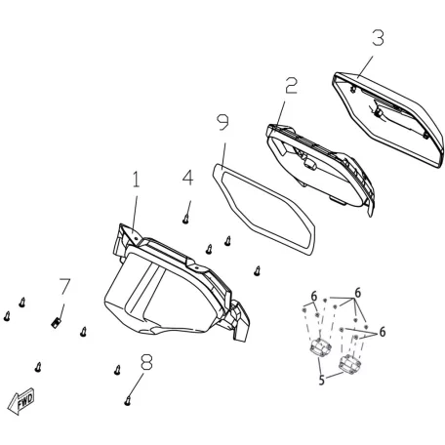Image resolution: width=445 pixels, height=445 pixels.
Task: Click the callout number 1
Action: click(x=136, y=180)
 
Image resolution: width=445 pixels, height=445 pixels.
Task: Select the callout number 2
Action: click(x=291, y=86)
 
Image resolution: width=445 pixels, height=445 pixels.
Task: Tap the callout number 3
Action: click(x=378, y=38)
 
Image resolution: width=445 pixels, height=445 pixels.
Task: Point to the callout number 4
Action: click(x=187, y=178)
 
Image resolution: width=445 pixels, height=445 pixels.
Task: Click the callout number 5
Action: click(x=321, y=380)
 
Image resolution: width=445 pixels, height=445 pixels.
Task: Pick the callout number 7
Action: click(x=64, y=286)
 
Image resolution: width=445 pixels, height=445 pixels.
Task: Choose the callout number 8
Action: click(x=146, y=362)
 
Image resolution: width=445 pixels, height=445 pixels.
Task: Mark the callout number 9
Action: click(x=222, y=122)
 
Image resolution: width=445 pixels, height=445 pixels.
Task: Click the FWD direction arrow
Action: click(x=20, y=401)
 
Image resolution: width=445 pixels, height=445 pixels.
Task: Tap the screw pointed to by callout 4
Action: click(x=185, y=219)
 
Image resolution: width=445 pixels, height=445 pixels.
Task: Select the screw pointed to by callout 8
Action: click(x=128, y=401)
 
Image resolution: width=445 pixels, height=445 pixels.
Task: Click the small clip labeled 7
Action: click(x=56, y=323)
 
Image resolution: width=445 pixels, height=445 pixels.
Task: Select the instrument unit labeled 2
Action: click(x=320, y=169)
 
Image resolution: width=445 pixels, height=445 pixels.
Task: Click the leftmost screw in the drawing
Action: click(x=7, y=316)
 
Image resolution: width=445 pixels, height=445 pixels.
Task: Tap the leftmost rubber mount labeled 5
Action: click(x=320, y=347)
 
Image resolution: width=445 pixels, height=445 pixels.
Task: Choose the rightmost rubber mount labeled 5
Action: click(x=349, y=364)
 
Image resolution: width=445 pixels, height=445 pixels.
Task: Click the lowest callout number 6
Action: click(x=383, y=332)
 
